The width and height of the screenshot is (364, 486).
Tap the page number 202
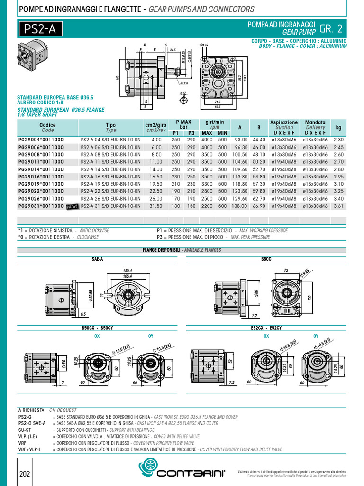click(25, 475)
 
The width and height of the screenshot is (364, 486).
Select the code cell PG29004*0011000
click(41, 140)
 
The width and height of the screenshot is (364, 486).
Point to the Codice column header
click(47, 127)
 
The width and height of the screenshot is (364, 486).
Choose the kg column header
click(338, 127)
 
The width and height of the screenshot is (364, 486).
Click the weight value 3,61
click(338, 206)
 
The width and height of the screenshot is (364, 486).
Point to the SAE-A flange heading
click(97, 260)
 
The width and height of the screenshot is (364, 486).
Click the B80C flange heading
click(266, 260)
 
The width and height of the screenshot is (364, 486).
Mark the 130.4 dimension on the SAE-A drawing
click(127, 271)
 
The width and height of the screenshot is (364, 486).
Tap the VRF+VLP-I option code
click(29, 449)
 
